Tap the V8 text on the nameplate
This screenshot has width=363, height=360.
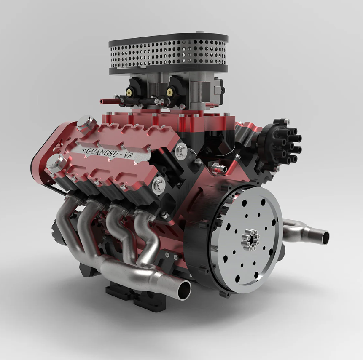click(128, 155)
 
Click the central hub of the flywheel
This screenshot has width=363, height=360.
click(250, 240)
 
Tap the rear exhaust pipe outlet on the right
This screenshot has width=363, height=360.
click(324, 236)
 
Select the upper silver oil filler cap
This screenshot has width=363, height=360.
click(86, 123)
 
